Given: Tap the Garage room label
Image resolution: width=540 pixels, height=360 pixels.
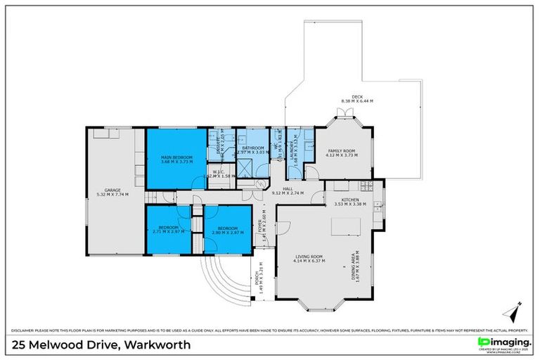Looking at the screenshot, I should [x=112, y=190].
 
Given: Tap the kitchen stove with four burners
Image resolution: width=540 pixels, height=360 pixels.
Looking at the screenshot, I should [x=365, y=186].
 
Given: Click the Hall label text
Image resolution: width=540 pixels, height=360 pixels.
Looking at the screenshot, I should [x=288, y=188].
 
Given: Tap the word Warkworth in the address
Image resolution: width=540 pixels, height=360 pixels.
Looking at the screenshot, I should [x=158, y=345].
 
